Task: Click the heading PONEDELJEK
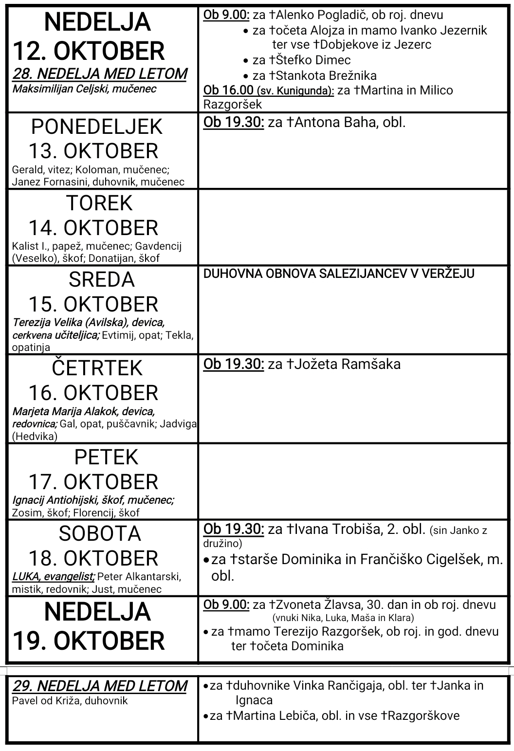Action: [96, 127]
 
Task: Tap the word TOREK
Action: [99, 203]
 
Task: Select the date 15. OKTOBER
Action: [93, 304]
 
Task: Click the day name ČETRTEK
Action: [97, 368]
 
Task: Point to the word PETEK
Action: [106, 457]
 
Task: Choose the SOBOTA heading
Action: [100, 534]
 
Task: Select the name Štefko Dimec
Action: [313, 60]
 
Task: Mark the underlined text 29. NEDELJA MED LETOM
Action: [100, 686]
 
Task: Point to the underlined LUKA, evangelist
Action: [53, 577]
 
